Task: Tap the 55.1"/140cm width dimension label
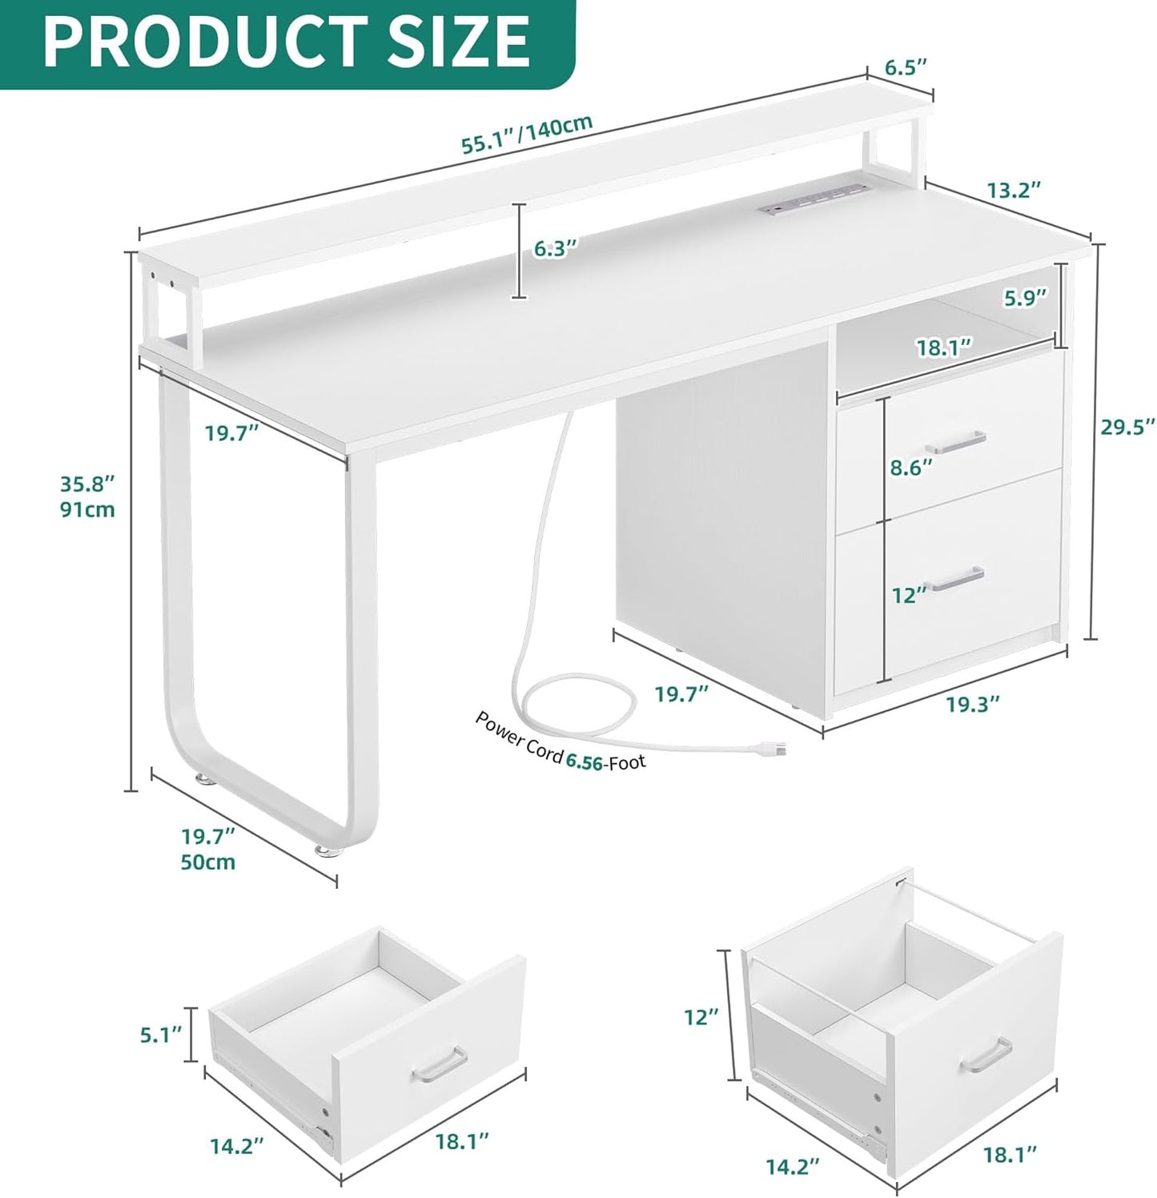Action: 526,134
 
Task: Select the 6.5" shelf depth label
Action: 906,66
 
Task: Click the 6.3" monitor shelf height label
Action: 556,248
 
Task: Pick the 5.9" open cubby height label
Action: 1025,298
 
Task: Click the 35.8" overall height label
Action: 87,483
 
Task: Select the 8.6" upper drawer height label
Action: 912,467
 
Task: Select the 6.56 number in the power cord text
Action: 584,759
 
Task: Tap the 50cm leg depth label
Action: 208,862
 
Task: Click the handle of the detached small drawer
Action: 439,1061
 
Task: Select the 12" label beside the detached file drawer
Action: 701,1017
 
